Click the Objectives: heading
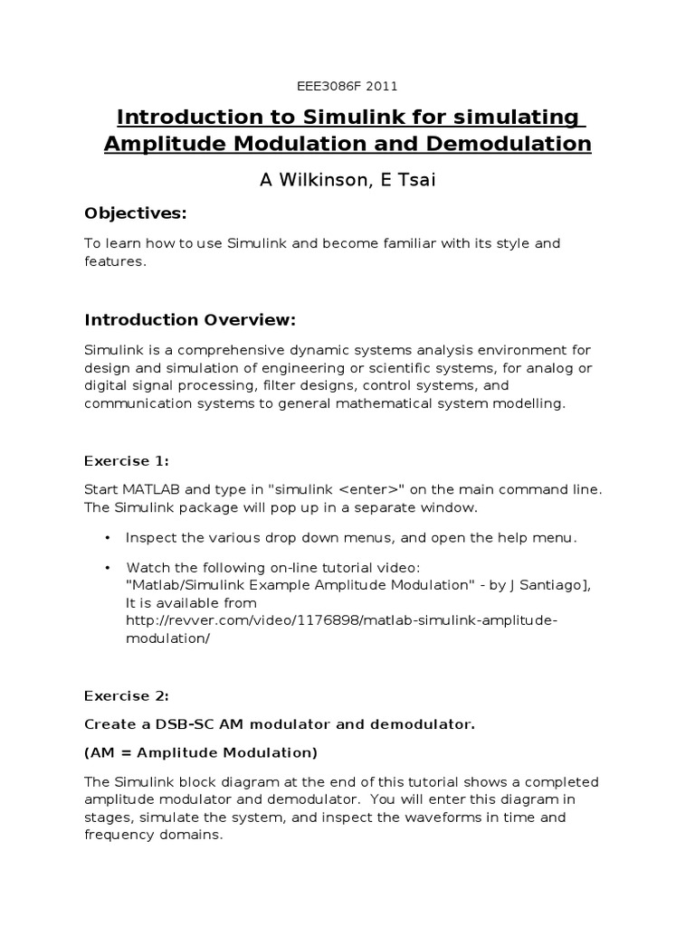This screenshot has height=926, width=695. click(x=135, y=213)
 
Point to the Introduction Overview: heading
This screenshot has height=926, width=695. click(x=190, y=320)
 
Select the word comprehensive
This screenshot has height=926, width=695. click(x=222, y=350)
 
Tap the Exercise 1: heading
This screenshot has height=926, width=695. click(x=127, y=460)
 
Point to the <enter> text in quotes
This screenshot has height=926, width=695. click(x=371, y=489)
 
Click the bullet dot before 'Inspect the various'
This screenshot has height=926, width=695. click(x=107, y=538)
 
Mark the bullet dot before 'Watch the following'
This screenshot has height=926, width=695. click(x=107, y=567)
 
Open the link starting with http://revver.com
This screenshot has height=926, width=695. click(x=344, y=619)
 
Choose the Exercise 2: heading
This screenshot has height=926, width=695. click(x=127, y=695)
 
